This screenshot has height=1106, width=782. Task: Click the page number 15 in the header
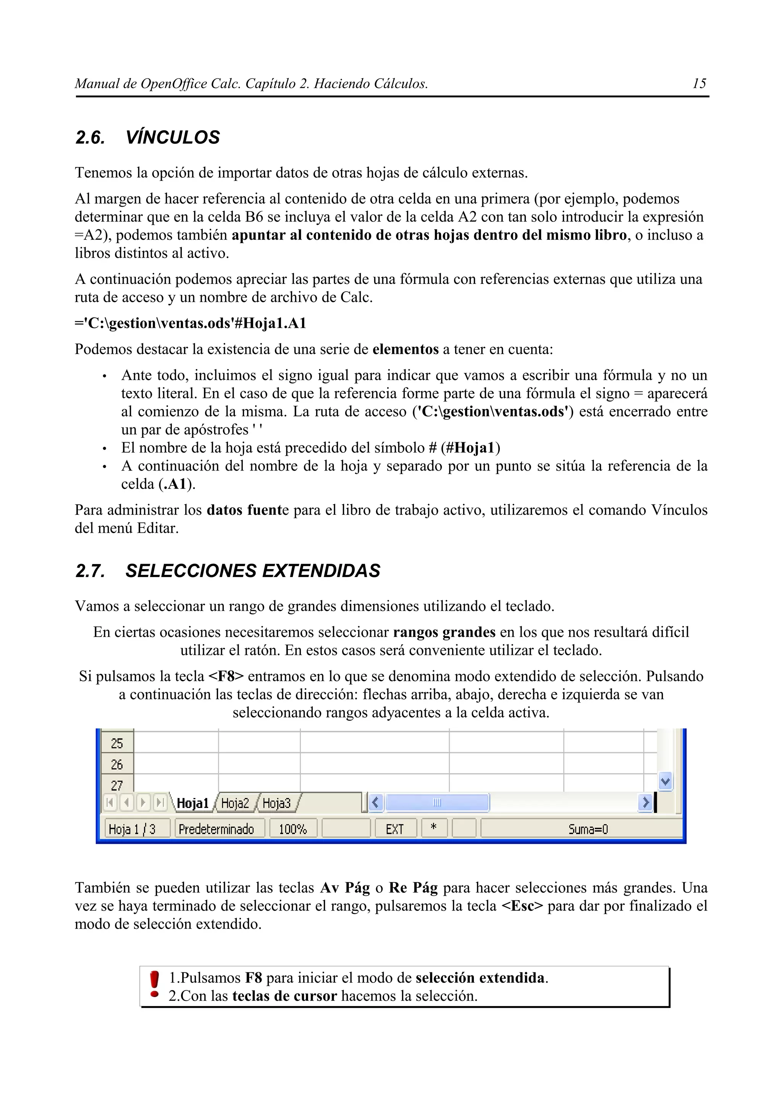[x=699, y=84]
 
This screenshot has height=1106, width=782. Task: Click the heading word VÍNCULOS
[x=173, y=138]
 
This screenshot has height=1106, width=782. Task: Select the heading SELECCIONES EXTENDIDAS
[x=252, y=571]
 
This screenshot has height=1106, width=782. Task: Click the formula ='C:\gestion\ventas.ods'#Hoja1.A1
[x=191, y=323]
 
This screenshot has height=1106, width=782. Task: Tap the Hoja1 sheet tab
[x=192, y=803]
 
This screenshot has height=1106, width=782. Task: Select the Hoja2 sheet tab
[x=235, y=803]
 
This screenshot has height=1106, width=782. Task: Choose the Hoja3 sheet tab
[x=276, y=803]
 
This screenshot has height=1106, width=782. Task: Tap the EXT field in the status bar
[x=394, y=829]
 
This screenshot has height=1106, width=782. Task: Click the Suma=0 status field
[x=588, y=829]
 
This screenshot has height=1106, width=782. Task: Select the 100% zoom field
[x=292, y=829]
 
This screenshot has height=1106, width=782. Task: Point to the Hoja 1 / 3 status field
[x=132, y=829]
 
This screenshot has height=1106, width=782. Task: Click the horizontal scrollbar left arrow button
[x=376, y=803]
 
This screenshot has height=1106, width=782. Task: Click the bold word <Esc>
[x=522, y=906]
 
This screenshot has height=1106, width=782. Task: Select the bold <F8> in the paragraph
[x=226, y=676]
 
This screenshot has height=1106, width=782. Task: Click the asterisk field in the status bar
[x=434, y=828]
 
